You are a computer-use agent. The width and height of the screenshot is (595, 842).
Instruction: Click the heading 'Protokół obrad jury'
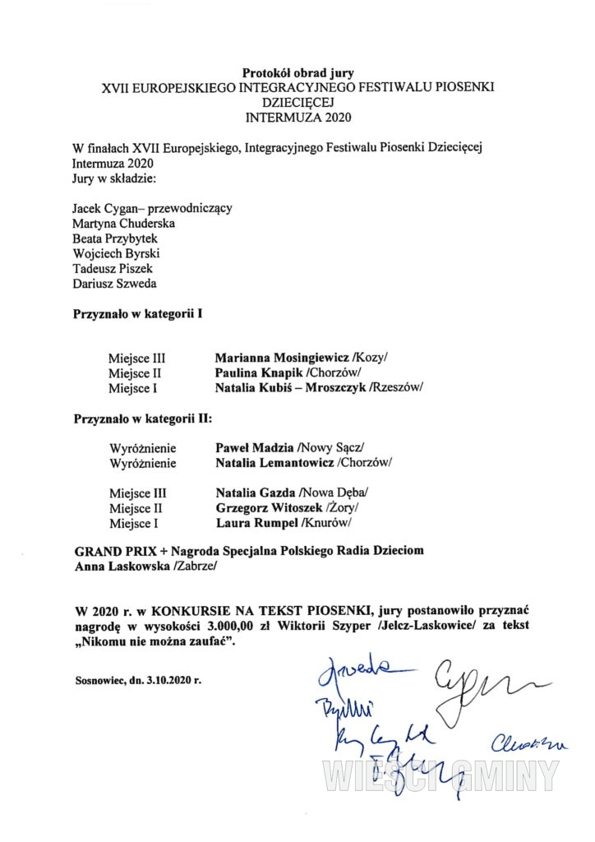pyautogui.click(x=297, y=73)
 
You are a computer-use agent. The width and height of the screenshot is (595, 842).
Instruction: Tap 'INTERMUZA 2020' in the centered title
pyautogui.click(x=297, y=116)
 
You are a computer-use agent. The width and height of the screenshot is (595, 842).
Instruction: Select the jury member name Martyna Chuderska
pyautogui.click(x=123, y=223)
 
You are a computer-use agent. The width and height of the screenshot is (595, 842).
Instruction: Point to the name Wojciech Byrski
pyautogui.click(x=117, y=253)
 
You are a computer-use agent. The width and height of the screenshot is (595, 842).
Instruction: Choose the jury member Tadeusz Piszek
pyautogui.click(x=113, y=269)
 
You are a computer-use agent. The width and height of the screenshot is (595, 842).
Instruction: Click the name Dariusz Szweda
pyautogui.click(x=114, y=284)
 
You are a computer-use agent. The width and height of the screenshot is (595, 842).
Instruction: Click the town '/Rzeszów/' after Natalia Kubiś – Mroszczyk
pyautogui.click(x=396, y=387)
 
